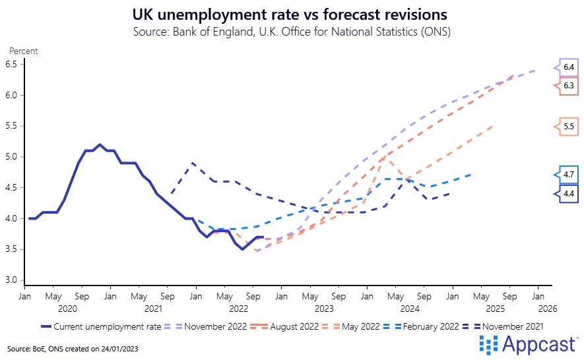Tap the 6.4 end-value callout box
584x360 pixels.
pos(568,67)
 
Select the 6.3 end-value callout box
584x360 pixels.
pos(568,86)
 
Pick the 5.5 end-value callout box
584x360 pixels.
pos(568,126)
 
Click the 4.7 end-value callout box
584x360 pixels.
pos(568,175)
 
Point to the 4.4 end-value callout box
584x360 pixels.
pos(568,194)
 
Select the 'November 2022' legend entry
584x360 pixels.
pos(209,326)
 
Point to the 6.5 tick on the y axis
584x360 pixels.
pos(11,64)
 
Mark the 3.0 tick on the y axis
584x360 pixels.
pos(11,280)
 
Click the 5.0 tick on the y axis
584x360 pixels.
pos(11,157)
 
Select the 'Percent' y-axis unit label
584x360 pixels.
pos(23,51)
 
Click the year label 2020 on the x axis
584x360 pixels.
pos(67,308)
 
